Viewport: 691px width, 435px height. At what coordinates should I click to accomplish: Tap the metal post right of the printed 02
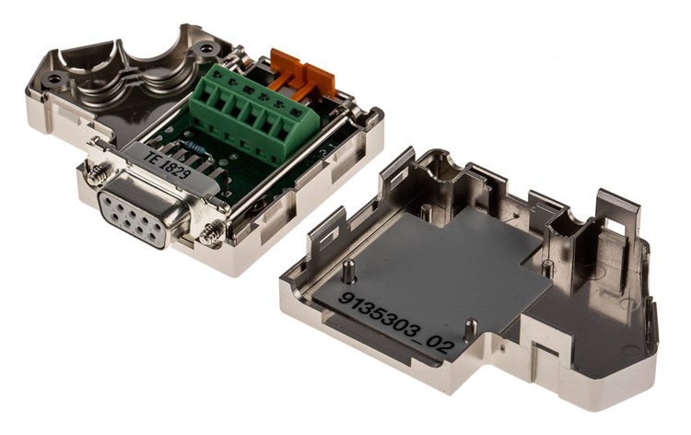(x=471, y=328)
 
